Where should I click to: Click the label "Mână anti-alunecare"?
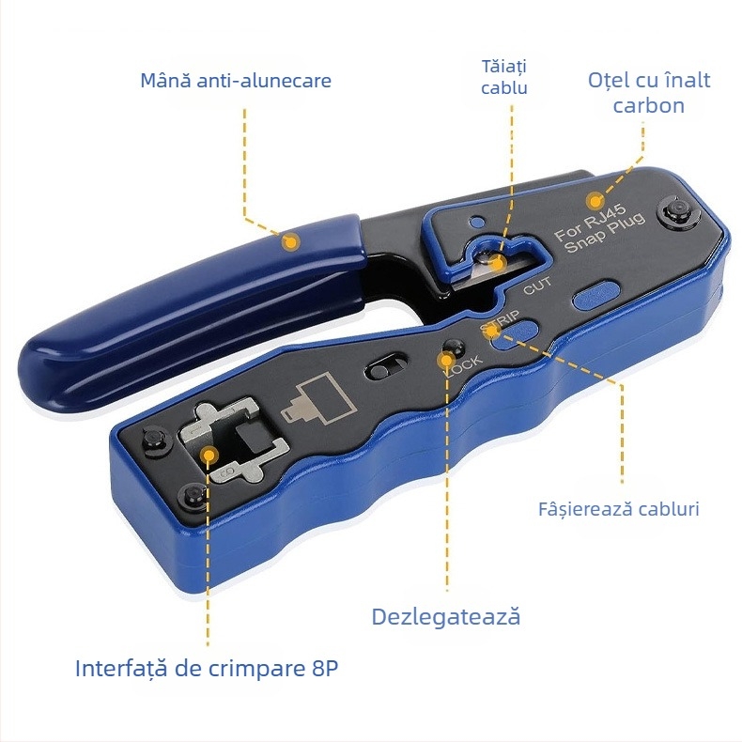point(236,81)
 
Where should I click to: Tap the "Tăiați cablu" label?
point(504,77)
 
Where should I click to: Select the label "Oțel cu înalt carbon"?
point(649,93)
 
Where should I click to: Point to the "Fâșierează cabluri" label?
point(619,509)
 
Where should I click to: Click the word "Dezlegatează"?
point(446,617)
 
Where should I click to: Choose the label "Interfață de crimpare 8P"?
point(207,668)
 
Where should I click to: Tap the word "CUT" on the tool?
point(537,286)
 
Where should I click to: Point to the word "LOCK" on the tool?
point(464,365)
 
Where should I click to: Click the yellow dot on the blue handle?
point(290,241)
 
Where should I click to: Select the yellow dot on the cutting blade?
point(498,262)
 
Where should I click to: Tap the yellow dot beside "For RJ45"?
point(595,202)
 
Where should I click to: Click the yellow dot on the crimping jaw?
point(208,456)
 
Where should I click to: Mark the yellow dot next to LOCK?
point(445,361)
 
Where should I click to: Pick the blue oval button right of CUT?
point(595,296)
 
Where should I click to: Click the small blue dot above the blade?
point(477,222)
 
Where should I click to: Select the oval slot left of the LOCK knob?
point(387,367)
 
